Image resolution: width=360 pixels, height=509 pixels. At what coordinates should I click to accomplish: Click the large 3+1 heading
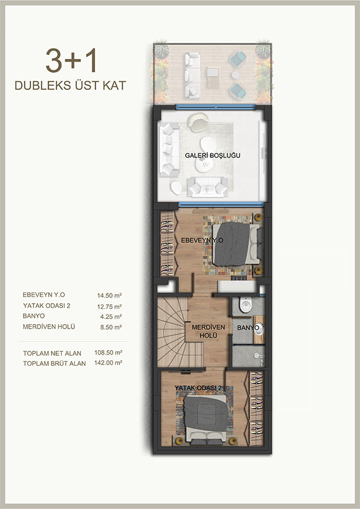click(x=71, y=61)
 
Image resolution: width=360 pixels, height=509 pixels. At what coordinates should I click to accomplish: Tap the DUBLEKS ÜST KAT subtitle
click(x=70, y=85)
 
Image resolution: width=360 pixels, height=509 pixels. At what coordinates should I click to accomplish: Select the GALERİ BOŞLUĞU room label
click(x=213, y=156)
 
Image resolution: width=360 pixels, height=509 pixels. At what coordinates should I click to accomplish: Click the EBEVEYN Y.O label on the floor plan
click(x=202, y=240)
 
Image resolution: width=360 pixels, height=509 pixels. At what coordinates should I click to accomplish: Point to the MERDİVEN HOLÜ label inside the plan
click(x=208, y=331)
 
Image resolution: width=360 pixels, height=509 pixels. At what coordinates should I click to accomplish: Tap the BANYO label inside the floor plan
click(x=248, y=328)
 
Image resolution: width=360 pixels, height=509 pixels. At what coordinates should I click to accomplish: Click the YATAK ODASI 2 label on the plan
click(x=198, y=388)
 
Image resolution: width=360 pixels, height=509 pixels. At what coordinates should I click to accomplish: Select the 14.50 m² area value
click(x=109, y=295)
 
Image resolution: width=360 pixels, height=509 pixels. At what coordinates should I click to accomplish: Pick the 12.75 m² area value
click(x=109, y=306)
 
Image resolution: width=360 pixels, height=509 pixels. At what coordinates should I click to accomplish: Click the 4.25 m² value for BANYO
click(x=111, y=317)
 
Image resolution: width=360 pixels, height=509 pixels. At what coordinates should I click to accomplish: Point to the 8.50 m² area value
click(x=111, y=327)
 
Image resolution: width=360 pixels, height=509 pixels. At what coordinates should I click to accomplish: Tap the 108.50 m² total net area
click(x=108, y=352)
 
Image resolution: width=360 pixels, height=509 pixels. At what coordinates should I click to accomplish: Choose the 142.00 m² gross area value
click(x=108, y=363)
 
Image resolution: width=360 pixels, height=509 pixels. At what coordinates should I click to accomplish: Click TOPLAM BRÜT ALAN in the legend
click(x=54, y=364)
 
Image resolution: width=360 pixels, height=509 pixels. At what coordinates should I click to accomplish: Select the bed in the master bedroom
click(x=237, y=243)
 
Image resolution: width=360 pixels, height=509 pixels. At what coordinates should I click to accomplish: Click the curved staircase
click(x=173, y=332)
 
